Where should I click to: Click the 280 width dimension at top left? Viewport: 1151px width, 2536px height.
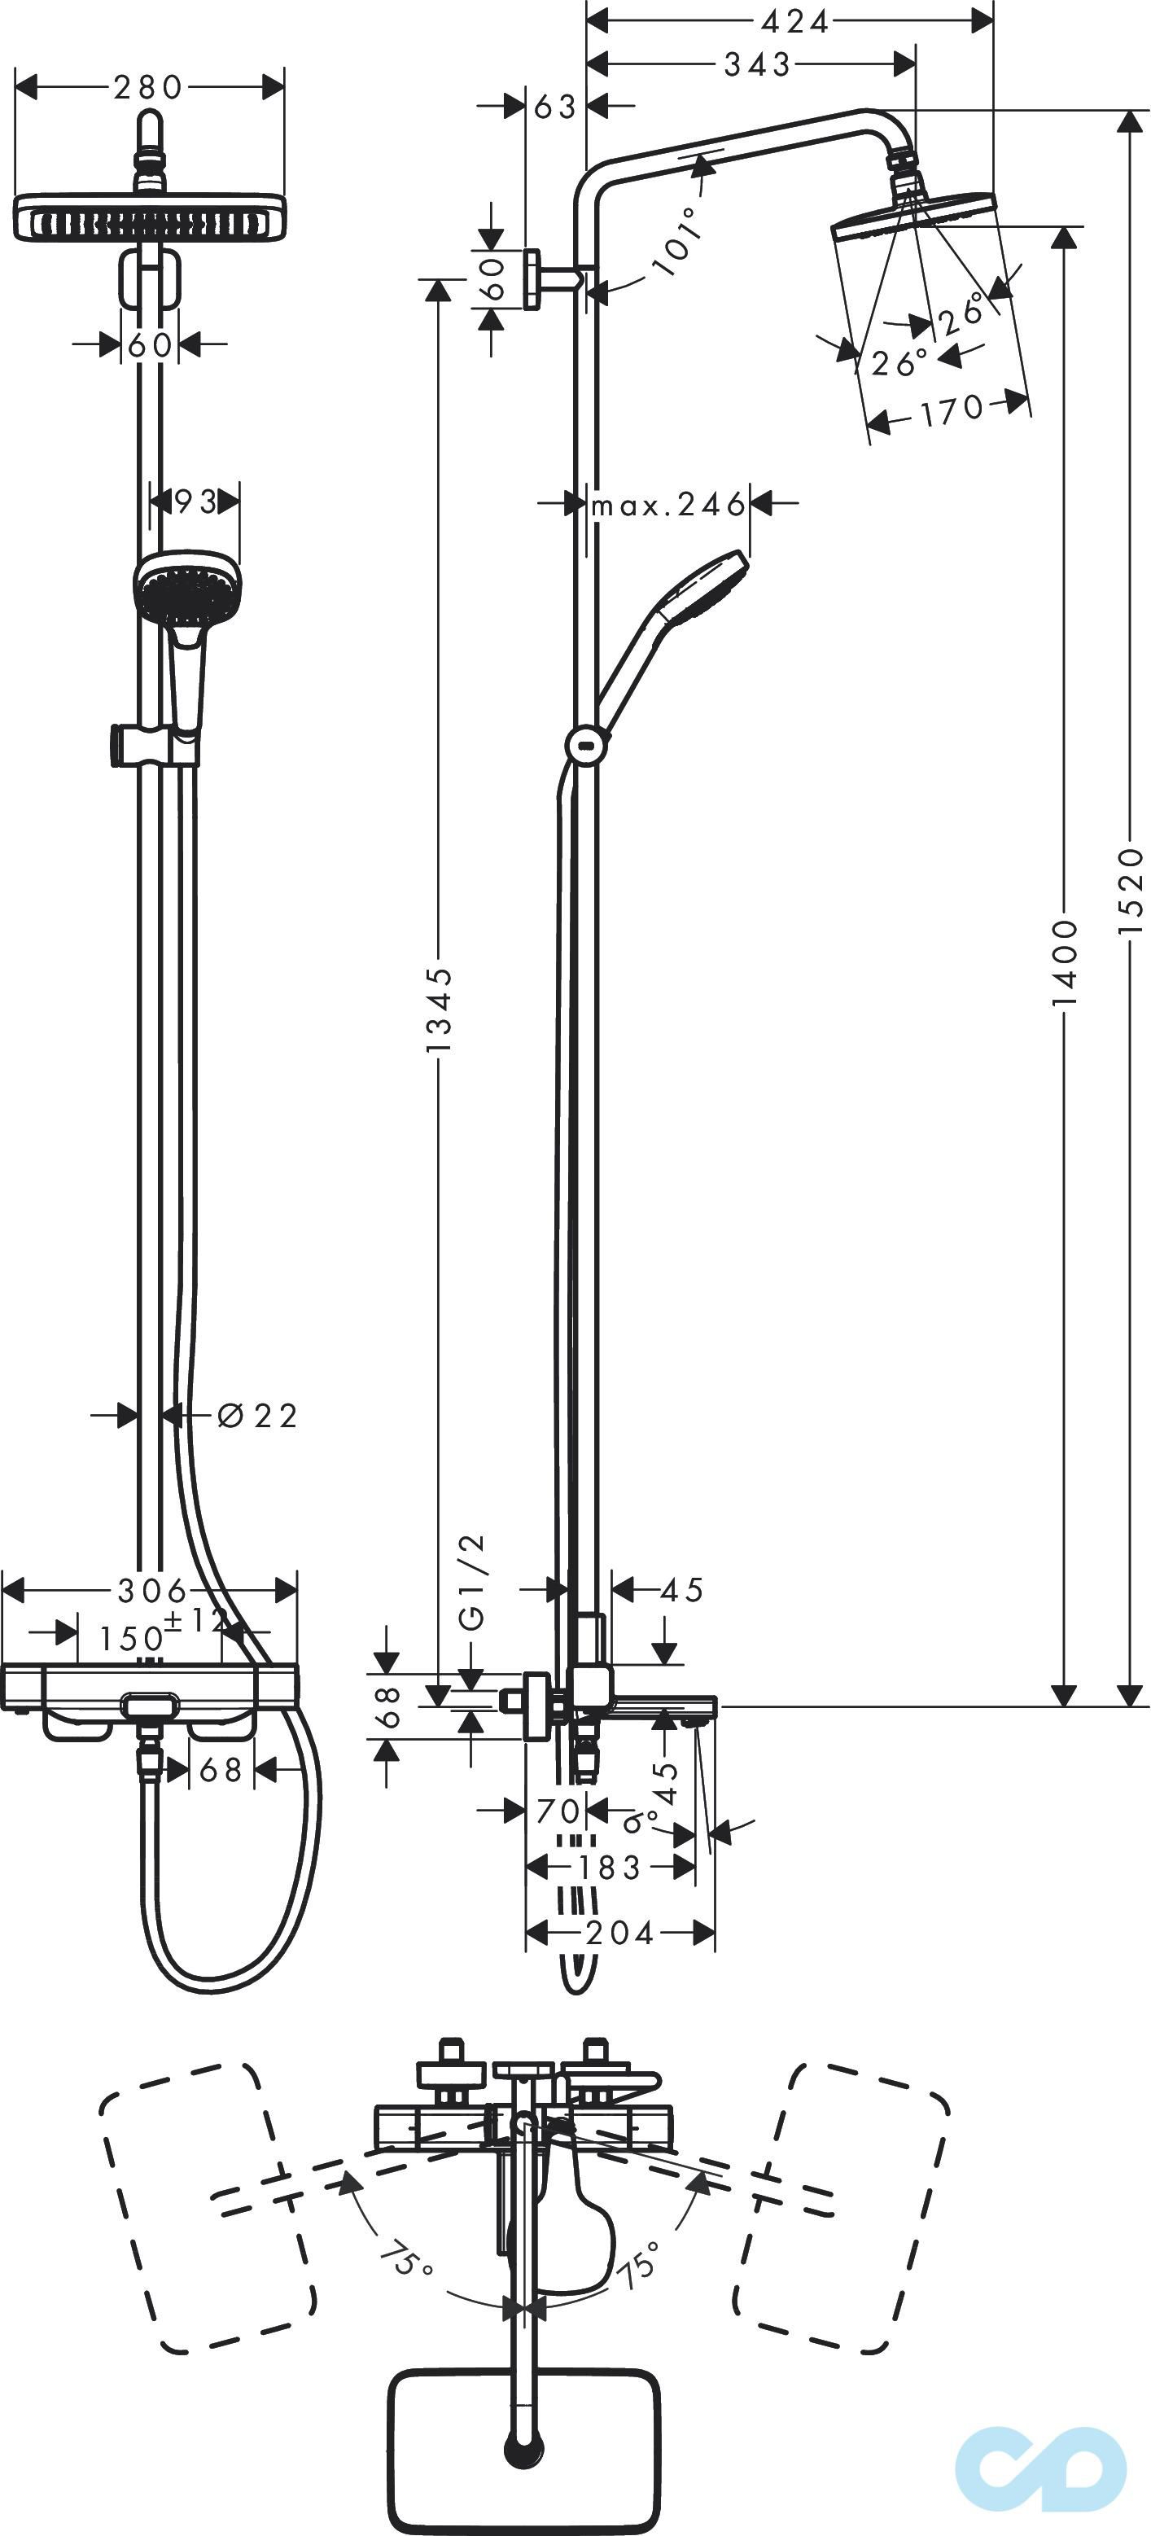coord(147,88)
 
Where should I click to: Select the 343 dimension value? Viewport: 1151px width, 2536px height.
coord(757,64)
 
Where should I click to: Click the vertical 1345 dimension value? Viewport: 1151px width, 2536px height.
coord(439,1009)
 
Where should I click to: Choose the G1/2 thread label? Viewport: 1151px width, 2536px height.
coord(474,1581)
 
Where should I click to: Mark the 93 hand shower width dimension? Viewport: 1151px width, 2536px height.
coord(195,502)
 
